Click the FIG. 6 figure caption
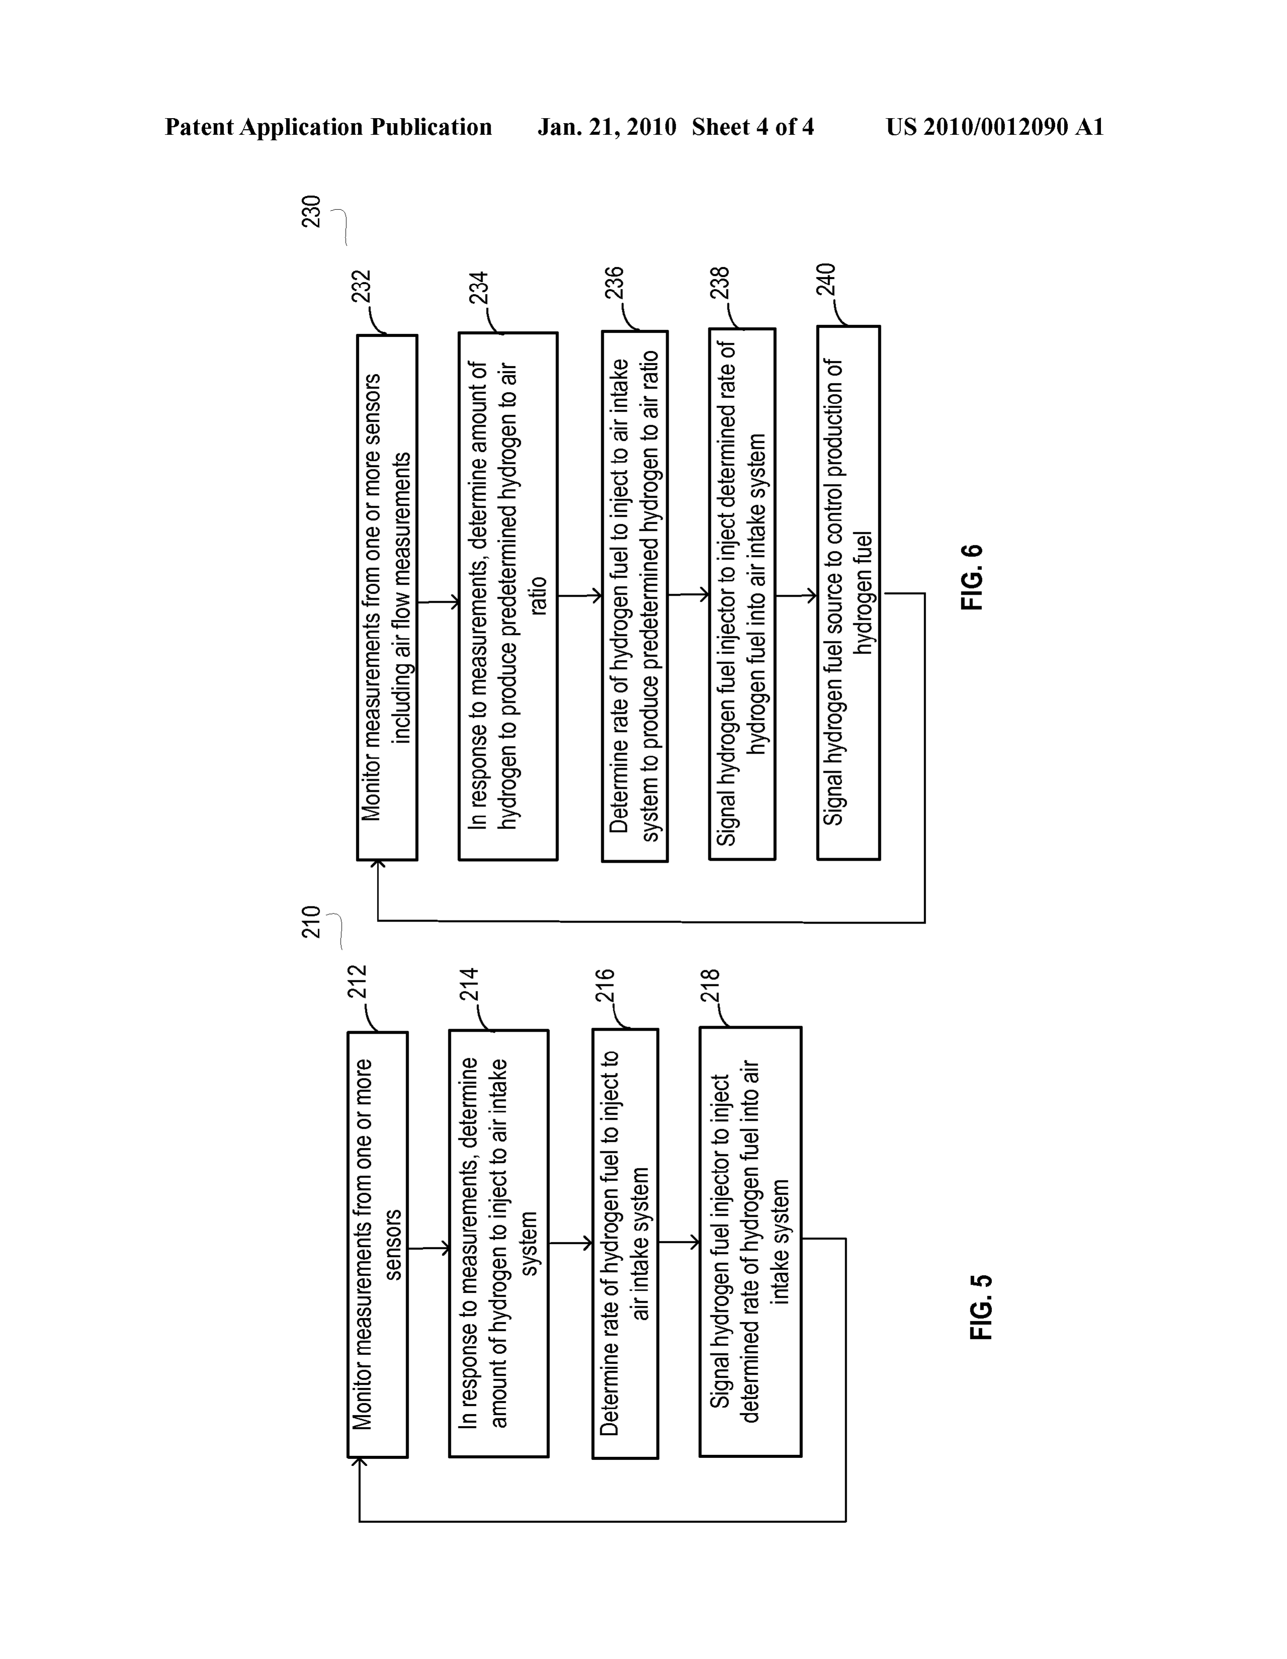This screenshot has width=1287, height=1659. (x=972, y=577)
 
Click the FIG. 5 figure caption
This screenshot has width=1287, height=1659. (x=981, y=1307)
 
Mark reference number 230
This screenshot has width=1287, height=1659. (x=312, y=211)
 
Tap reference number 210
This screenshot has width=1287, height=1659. (x=312, y=921)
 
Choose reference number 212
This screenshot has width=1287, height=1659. (x=357, y=981)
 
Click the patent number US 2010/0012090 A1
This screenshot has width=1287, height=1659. (x=994, y=127)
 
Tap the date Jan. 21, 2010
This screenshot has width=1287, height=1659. (x=606, y=127)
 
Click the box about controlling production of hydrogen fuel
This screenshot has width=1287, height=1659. (x=849, y=593)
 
